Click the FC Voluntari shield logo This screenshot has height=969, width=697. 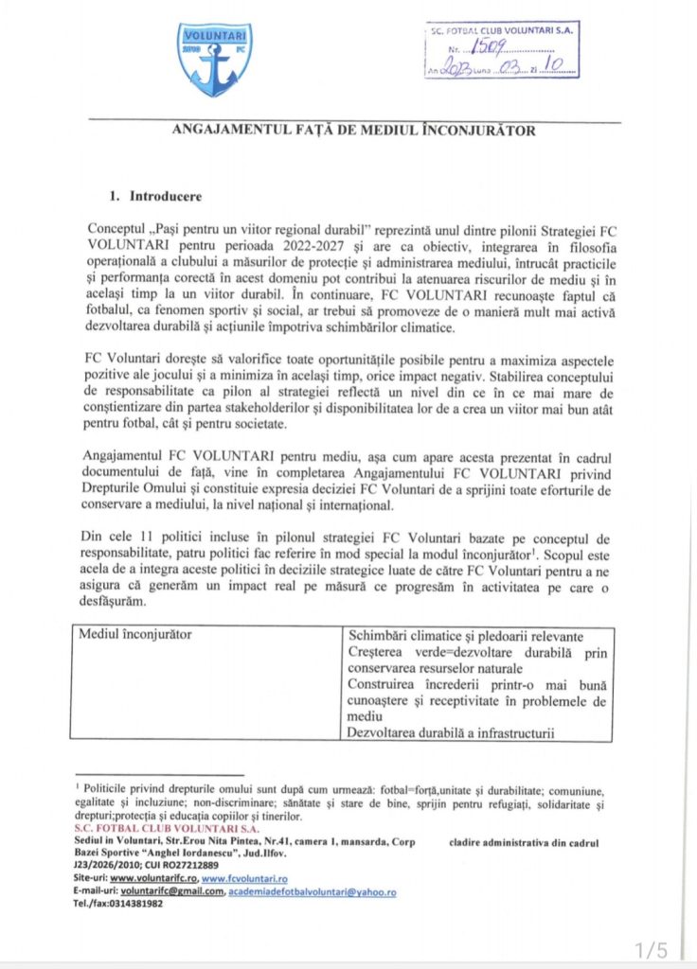[215, 60]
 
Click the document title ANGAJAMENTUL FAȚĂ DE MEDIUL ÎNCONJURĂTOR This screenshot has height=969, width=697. [353, 131]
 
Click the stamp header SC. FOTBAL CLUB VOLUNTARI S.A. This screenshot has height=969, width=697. [502, 30]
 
